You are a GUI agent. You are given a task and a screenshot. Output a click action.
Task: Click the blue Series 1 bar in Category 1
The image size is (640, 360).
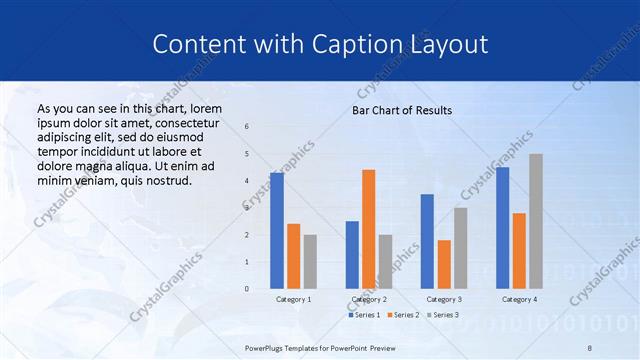[277, 231]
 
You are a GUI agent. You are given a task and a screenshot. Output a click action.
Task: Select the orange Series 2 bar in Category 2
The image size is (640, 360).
[369, 229]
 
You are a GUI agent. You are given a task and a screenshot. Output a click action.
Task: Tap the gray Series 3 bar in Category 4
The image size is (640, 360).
[536, 221]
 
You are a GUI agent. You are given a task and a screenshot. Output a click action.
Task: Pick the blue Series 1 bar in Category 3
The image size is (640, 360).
[428, 241]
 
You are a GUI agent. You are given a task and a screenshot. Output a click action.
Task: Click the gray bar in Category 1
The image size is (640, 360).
[310, 262]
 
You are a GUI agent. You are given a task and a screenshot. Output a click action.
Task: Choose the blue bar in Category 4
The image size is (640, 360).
[503, 228]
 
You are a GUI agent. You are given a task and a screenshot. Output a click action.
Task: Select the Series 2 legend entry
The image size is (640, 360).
[403, 315]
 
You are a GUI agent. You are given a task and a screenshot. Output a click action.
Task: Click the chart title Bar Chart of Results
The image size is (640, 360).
[402, 110]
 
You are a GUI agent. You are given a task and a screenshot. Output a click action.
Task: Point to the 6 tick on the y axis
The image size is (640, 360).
[247, 127]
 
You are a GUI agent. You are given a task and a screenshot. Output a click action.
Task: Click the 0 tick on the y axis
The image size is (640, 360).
[247, 289]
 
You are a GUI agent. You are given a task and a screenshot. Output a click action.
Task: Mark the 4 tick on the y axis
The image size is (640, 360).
[247, 181]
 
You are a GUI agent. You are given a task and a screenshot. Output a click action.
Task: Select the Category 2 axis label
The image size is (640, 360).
[369, 299]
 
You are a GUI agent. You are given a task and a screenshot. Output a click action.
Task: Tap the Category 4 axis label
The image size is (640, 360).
[519, 299]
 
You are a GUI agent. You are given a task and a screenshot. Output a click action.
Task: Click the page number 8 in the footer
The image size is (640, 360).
[590, 347]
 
